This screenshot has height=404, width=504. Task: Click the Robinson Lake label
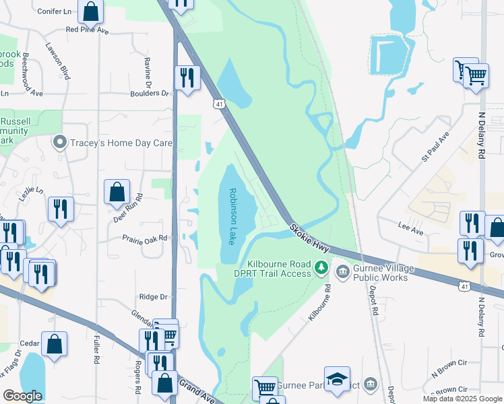click(232, 216)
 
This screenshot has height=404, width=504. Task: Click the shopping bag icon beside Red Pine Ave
click(90, 11)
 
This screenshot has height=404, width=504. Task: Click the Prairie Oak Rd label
click(144, 238)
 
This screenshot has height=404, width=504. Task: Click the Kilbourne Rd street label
click(319, 301)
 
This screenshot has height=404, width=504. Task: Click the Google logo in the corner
click(22, 396)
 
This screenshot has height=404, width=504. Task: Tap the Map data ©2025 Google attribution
click(462, 399)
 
